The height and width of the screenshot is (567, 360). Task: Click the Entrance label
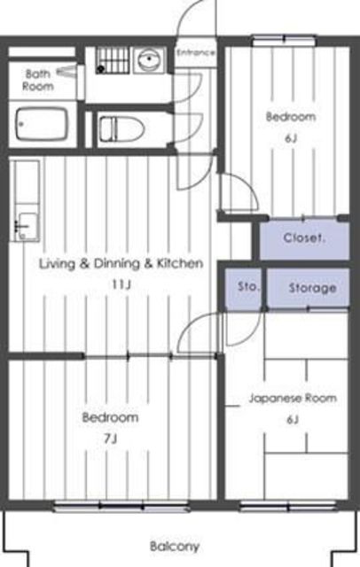196,53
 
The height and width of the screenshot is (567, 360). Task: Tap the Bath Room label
38,80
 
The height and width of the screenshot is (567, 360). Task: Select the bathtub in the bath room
42,124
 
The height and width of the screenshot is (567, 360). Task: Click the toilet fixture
122,128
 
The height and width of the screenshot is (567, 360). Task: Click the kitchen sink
27,226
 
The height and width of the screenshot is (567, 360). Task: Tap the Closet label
305,238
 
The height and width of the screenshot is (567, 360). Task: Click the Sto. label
249,287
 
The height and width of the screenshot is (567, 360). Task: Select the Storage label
313,288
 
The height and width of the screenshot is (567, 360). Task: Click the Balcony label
175,546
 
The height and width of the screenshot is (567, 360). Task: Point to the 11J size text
121,284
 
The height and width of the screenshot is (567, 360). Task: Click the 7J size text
110,439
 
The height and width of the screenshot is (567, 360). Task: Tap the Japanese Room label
293,399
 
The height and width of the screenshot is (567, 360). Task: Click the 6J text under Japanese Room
293,420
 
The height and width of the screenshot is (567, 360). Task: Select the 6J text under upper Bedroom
291,138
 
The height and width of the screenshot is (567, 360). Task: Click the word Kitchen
179,263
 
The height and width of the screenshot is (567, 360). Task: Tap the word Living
58,264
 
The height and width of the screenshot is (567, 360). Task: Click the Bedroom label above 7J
110,417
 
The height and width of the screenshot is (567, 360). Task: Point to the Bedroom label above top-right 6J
291,117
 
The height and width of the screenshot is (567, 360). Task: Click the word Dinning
117,264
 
